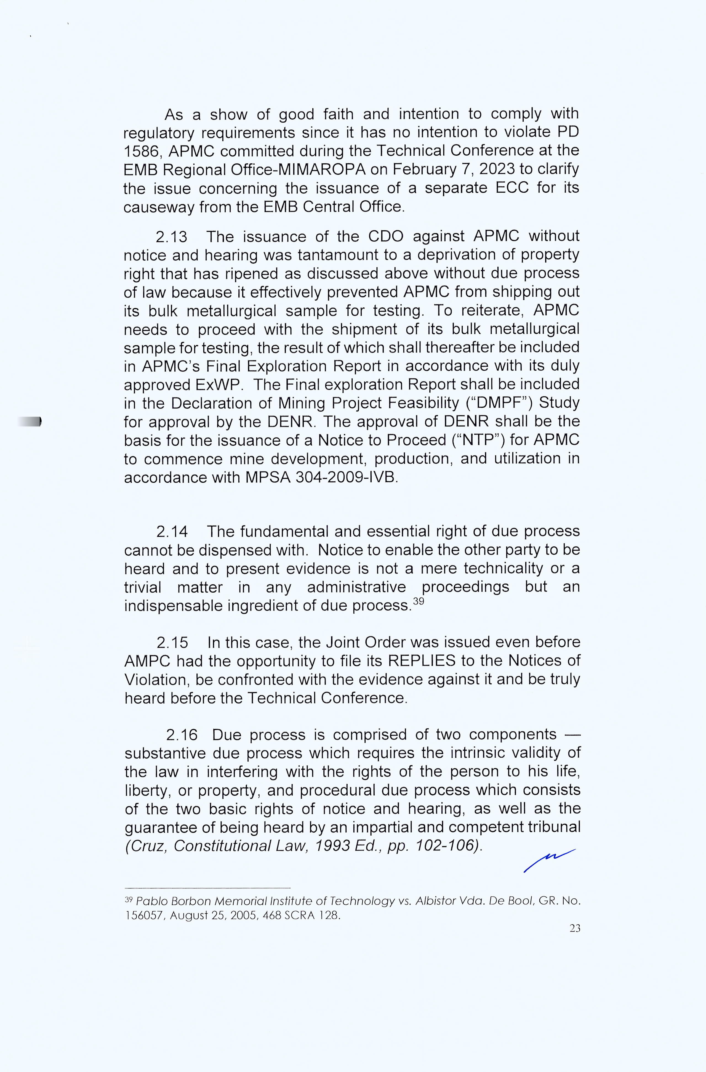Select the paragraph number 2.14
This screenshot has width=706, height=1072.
coord(172,532)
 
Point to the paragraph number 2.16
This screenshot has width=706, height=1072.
coord(182,735)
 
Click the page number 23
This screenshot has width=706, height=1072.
coord(574,928)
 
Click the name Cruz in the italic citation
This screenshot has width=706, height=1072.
coord(148,846)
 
